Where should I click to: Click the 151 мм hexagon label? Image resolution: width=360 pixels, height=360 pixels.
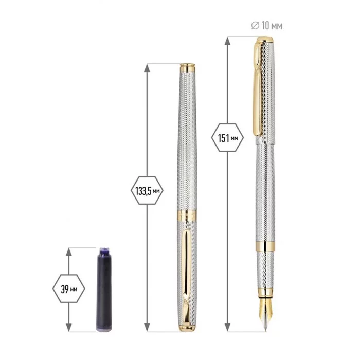click(227, 138)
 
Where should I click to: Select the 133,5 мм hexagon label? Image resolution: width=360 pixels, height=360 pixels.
click(147, 191)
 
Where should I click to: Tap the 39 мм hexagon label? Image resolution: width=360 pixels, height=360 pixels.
click(69, 289)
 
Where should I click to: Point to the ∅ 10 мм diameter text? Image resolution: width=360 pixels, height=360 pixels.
click(267, 26)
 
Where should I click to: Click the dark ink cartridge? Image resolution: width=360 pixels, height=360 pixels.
click(104, 290)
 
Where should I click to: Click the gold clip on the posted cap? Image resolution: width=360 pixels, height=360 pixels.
click(258, 89)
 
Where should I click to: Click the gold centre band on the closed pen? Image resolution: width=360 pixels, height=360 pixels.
click(187, 215)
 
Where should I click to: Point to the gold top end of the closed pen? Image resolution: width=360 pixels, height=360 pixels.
click(187, 67)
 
